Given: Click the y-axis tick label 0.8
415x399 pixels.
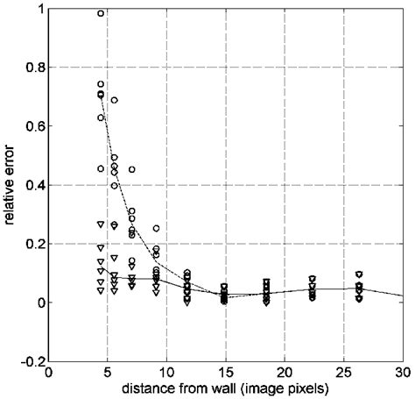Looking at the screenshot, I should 32,68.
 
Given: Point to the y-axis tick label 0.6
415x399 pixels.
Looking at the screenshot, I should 32,126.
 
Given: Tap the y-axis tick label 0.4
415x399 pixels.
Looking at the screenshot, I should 32,185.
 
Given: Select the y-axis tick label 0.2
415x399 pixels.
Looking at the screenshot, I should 32,244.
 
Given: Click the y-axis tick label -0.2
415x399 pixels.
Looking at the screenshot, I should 31,361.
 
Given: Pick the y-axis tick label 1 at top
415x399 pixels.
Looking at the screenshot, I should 39,9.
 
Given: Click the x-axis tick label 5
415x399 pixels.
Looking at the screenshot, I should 109,372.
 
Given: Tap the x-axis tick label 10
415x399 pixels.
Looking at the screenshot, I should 167,372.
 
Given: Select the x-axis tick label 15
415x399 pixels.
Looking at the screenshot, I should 226,372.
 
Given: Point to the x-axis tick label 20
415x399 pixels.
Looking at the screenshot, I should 285,372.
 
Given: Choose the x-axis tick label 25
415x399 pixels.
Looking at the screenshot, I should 343,372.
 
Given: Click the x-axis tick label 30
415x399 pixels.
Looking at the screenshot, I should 402,372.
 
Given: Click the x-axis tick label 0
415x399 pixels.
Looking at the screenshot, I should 50,372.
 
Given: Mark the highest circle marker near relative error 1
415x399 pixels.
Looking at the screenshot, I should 101,13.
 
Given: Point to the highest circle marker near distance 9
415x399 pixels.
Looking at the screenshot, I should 156,228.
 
